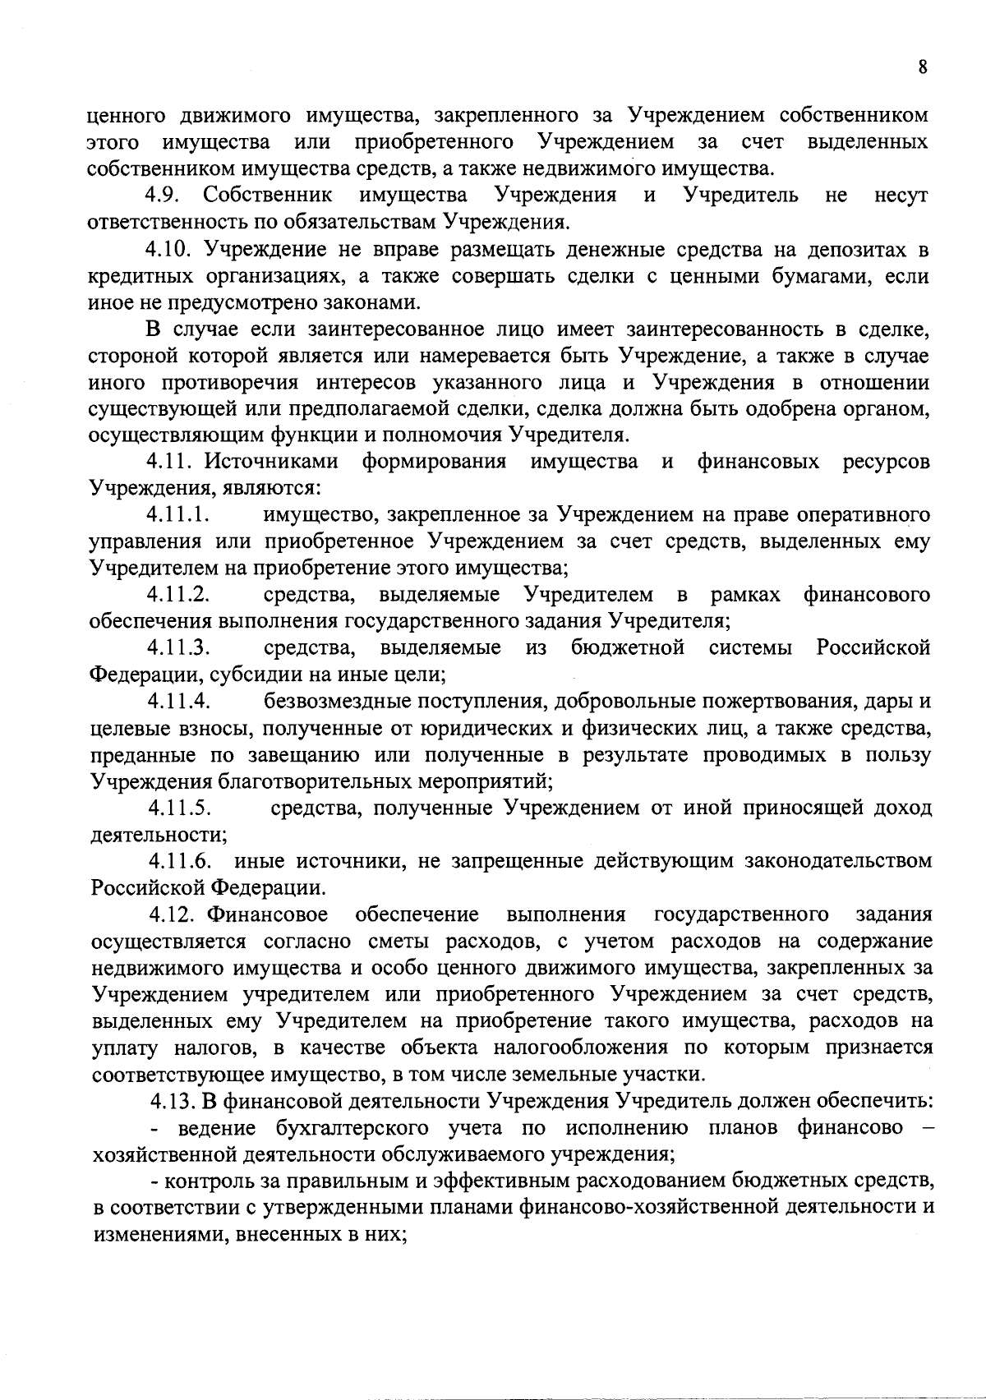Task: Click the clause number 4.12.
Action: point(174,914)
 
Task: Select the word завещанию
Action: point(304,754)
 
